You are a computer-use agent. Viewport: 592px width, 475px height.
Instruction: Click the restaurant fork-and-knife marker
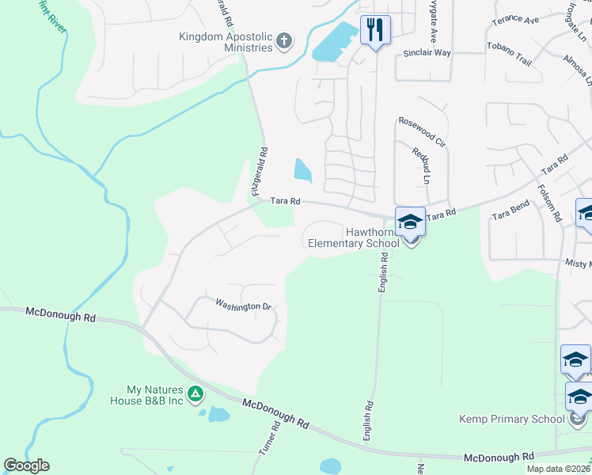[x=374, y=31]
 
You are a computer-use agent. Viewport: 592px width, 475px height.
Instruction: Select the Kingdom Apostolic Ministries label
[x=226, y=42]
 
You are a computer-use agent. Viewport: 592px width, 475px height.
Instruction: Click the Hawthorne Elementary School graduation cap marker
[x=410, y=222]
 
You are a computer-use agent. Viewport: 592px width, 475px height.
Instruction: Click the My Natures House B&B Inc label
[x=155, y=395]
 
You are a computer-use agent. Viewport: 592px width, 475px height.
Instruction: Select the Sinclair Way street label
[x=427, y=53]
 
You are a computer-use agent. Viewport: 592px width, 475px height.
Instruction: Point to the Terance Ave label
[x=514, y=20]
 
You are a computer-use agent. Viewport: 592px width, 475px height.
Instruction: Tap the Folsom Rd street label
[x=548, y=203]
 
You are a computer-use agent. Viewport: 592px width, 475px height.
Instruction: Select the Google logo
[x=26, y=465]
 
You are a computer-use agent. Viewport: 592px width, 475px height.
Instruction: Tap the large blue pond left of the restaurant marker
[x=336, y=43]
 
